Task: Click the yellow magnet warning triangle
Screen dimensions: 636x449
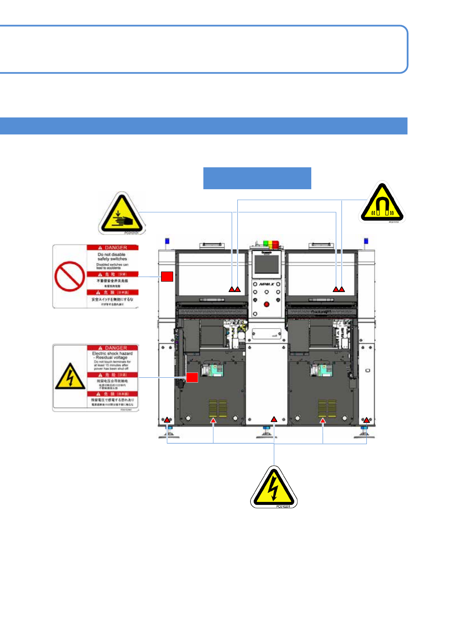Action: (x=382, y=204)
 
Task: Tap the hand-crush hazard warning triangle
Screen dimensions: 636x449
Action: (x=121, y=215)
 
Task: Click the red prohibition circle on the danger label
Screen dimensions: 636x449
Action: (x=69, y=276)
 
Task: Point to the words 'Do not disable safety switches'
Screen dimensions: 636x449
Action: (x=112, y=257)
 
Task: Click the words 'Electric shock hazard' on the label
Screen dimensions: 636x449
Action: (x=112, y=354)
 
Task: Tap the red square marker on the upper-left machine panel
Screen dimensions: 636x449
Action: (x=167, y=276)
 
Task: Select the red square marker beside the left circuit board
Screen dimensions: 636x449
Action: (x=192, y=377)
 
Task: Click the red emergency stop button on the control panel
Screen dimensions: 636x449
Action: (x=267, y=304)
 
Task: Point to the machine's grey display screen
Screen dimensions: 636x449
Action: (x=266, y=264)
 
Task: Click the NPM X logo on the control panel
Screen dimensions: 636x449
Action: (x=266, y=284)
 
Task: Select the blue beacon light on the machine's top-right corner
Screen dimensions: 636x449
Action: (x=366, y=241)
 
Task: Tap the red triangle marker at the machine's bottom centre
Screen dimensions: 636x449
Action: (x=274, y=419)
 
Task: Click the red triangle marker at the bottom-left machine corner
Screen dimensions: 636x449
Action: (x=167, y=420)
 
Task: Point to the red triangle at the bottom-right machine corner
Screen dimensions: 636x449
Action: (x=366, y=420)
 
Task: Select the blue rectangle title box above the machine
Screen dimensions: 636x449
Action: (x=257, y=178)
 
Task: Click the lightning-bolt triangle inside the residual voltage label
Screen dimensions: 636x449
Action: (x=70, y=377)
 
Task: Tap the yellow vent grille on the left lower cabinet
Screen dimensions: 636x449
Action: (x=218, y=409)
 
